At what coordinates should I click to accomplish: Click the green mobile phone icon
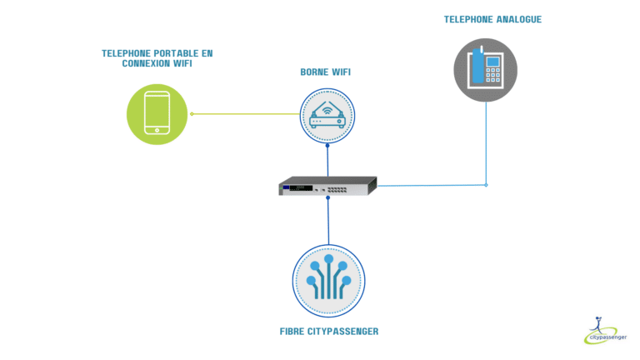pyautogui.click(x=157, y=114)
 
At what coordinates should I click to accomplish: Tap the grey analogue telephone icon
pyautogui.click(x=485, y=70)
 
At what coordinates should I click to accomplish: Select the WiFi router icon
pyautogui.click(x=327, y=116)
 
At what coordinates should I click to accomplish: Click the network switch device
pyautogui.click(x=327, y=186)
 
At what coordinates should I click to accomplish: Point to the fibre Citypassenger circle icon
pyautogui.click(x=328, y=281)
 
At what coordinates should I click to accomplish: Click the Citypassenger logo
pyautogui.click(x=605, y=331)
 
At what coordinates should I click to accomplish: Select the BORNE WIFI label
pyautogui.click(x=325, y=72)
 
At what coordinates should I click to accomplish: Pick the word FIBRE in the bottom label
pyautogui.click(x=292, y=332)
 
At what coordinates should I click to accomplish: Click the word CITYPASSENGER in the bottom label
pyautogui.click(x=342, y=332)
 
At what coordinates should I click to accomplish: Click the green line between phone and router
pyautogui.click(x=246, y=114)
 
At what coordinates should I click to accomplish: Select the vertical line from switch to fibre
pyautogui.click(x=328, y=221)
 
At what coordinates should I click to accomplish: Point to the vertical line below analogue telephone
pyautogui.click(x=486, y=143)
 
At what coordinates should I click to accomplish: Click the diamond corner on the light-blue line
pyautogui.click(x=486, y=185)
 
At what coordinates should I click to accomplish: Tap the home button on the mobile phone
pyautogui.click(x=157, y=130)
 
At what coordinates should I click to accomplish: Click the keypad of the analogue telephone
pyautogui.click(x=492, y=75)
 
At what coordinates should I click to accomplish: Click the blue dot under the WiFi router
pyautogui.click(x=327, y=145)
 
